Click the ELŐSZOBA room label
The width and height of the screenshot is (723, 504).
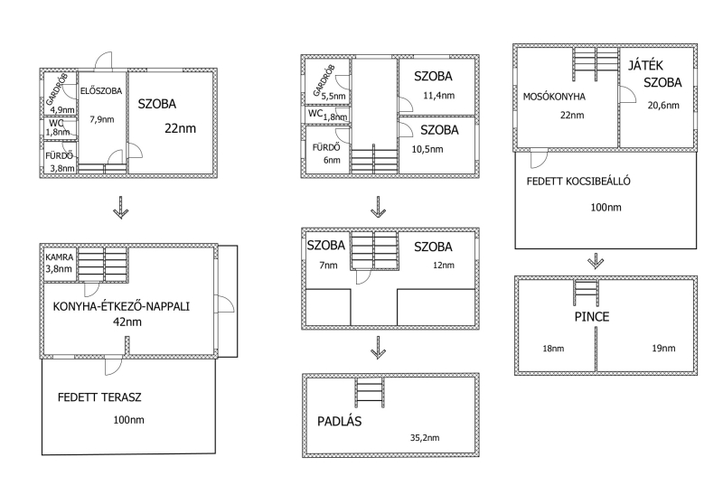pyautogui.click(x=101, y=90)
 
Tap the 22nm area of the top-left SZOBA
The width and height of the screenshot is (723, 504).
pyautogui.click(x=180, y=128)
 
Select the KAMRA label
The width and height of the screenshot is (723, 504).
pyautogui.click(x=59, y=257)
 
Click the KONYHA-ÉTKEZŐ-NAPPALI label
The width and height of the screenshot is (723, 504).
pyautogui.click(x=121, y=306)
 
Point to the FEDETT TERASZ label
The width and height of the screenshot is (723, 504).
pyautogui.click(x=99, y=397)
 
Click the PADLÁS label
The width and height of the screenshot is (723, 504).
pyautogui.click(x=340, y=421)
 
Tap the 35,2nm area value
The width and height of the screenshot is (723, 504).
pyautogui.click(x=425, y=438)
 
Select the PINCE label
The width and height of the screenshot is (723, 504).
pyautogui.click(x=592, y=316)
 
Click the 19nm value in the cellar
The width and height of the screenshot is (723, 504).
pyautogui.click(x=663, y=349)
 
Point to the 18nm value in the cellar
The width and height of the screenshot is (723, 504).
pyautogui.click(x=553, y=349)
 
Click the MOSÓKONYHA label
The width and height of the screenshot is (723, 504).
pyautogui.click(x=554, y=97)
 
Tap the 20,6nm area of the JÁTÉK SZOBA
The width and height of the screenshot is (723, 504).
pyautogui.click(x=663, y=105)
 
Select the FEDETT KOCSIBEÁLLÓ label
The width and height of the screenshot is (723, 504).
pyautogui.click(x=578, y=181)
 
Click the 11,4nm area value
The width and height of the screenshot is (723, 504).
pyautogui.click(x=439, y=96)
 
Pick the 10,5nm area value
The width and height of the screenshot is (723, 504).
pyautogui.click(x=427, y=149)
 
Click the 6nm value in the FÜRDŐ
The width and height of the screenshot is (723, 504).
pyautogui.click(x=332, y=160)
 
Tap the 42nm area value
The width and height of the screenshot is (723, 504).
pyautogui.click(x=127, y=322)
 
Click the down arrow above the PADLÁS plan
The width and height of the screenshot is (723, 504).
pyautogui.click(x=379, y=348)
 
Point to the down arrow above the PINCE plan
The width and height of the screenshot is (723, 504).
pyautogui.click(x=596, y=261)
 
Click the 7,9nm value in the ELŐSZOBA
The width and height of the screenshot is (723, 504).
pyautogui.click(x=102, y=119)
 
